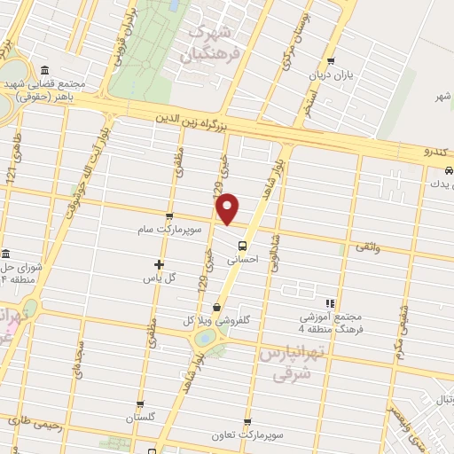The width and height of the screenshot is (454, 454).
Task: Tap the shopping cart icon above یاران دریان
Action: pos(331,62)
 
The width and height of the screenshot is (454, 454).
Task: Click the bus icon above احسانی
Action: pos(243,247)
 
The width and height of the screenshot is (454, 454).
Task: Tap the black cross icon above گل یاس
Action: pos(159,264)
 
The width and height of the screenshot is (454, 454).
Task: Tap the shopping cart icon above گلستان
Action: pos(140,403)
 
